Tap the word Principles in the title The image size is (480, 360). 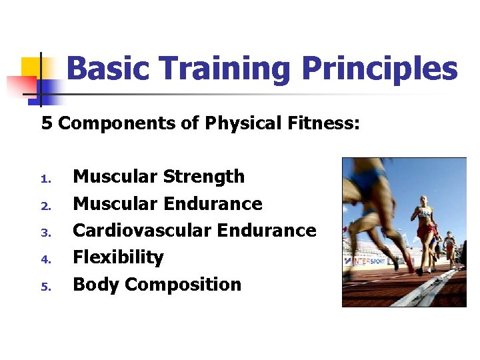[379, 69]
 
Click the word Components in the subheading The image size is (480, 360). [128, 123]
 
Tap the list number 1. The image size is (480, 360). [45, 179]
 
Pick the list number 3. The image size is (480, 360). [45, 233]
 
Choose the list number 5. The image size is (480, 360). [45, 287]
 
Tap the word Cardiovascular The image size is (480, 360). [142, 231]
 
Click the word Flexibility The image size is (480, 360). [118, 257]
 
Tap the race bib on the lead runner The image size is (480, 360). [423, 214]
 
